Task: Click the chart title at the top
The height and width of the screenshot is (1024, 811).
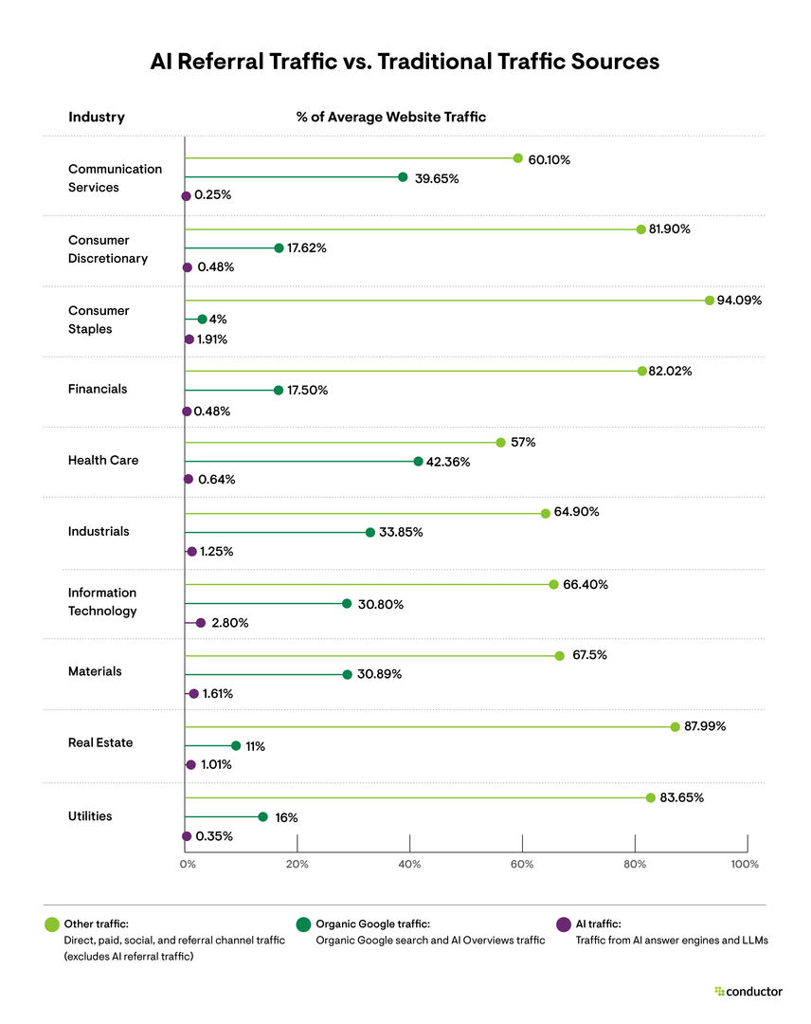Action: [x=405, y=62]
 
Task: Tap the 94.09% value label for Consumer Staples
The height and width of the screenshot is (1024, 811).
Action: [x=739, y=301]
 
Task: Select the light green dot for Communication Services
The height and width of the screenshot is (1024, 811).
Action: [x=517, y=158]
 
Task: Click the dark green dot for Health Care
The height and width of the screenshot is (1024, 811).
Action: [x=418, y=461]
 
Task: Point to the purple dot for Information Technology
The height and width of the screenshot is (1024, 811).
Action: [x=200, y=623]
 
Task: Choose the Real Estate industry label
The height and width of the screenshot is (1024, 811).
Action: [x=99, y=742]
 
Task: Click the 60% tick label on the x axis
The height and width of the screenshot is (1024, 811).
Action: [x=522, y=864]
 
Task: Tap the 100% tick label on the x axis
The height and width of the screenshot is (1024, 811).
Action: [x=745, y=864]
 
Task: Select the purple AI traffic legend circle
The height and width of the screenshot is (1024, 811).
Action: [x=563, y=924]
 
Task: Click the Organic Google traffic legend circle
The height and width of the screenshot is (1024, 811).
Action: [x=303, y=924]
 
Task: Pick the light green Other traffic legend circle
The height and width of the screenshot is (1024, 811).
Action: [x=52, y=924]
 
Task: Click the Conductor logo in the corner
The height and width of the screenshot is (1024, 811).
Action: [x=748, y=991]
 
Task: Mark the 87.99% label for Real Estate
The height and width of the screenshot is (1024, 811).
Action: [x=706, y=726]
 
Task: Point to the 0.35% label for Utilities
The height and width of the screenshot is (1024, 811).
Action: [x=213, y=836]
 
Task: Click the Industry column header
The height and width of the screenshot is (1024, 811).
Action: [x=96, y=118]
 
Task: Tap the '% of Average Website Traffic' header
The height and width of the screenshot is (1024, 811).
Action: [x=390, y=118]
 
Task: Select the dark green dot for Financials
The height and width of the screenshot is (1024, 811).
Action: [x=278, y=390]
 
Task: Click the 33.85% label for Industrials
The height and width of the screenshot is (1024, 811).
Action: [x=402, y=532]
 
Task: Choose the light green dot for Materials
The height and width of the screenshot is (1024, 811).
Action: [x=559, y=655]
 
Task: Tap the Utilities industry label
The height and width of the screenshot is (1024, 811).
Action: [x=90, y=815]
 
